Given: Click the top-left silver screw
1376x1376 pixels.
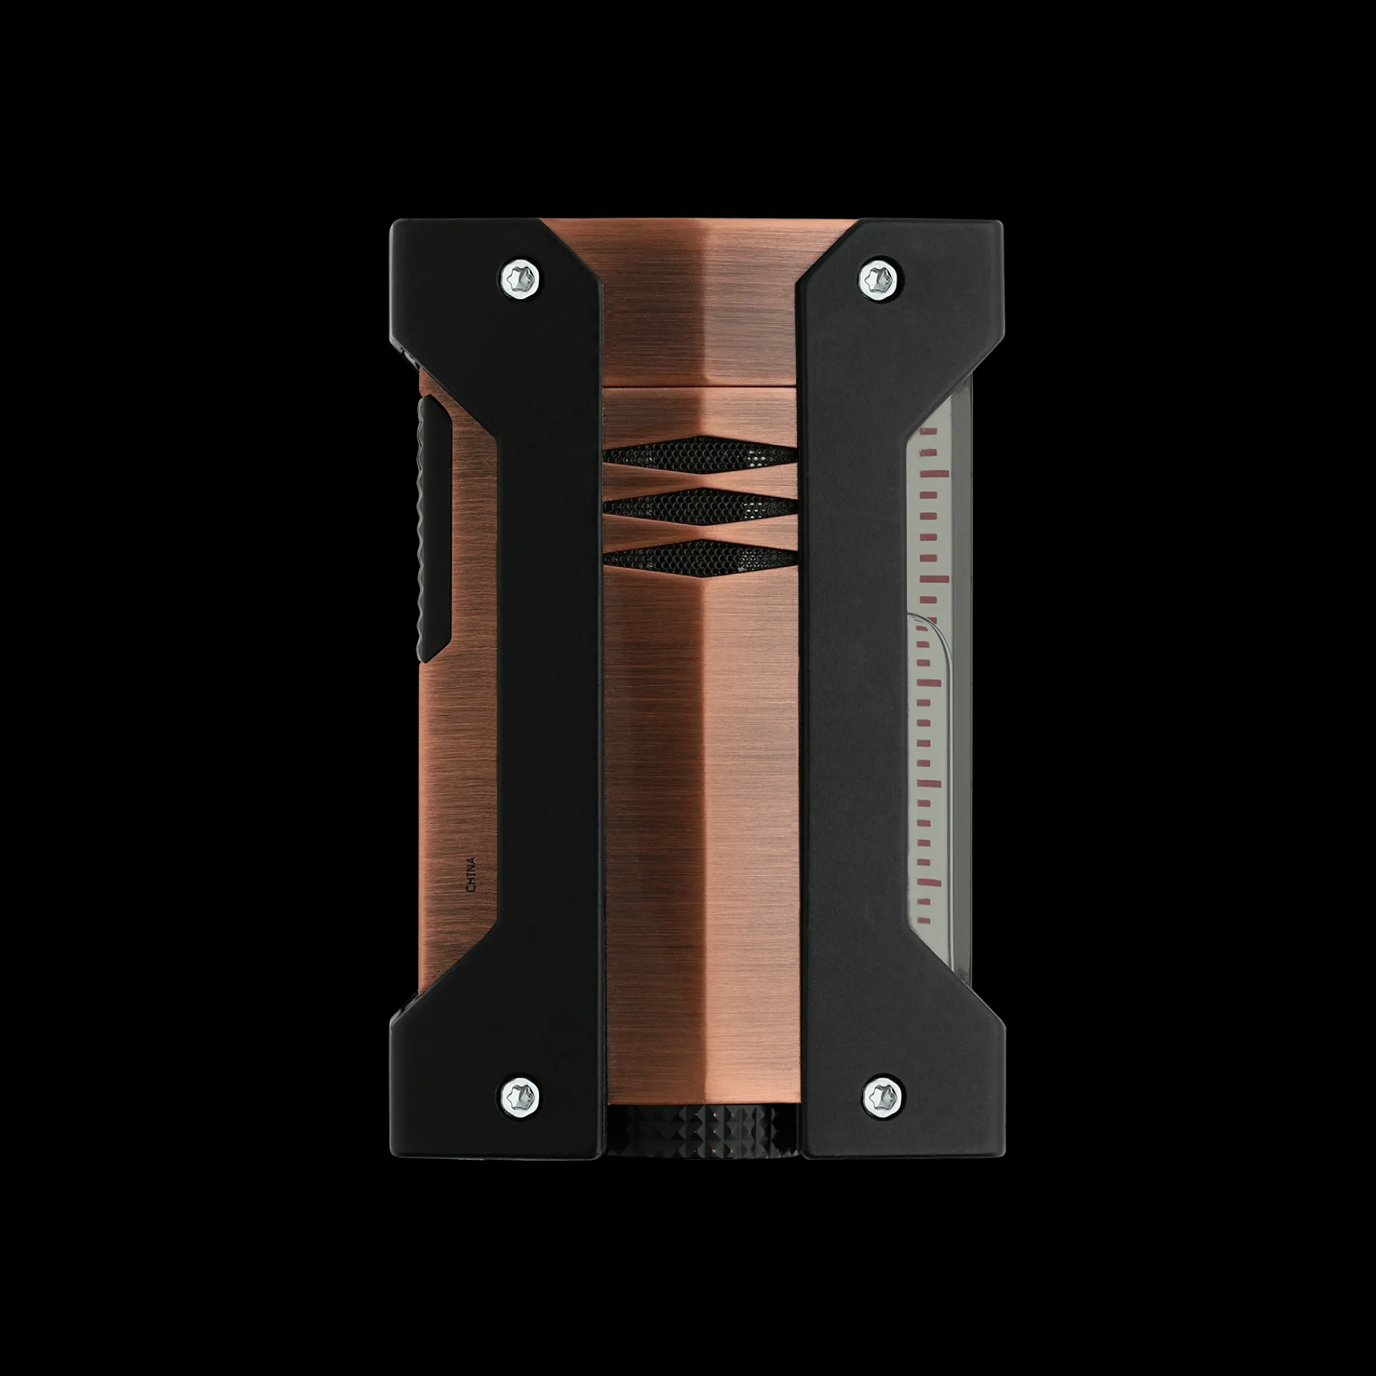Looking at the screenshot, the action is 521,275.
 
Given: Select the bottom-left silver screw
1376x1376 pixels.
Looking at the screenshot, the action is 521,1093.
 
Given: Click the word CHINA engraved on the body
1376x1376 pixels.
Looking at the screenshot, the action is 470,875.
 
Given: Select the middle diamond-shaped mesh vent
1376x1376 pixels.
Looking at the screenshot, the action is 701,506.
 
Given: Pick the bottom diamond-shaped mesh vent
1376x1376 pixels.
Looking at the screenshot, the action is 701,557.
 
